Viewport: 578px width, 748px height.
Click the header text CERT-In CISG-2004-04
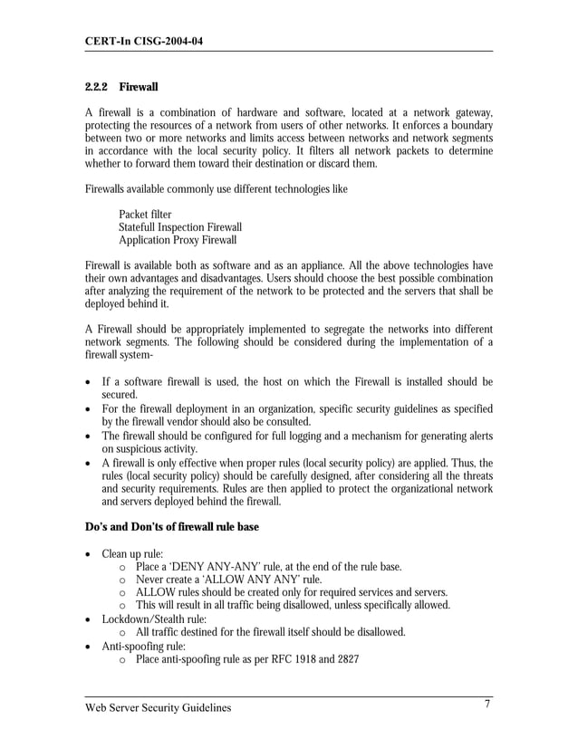click(144, 40)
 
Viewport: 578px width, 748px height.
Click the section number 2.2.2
click(95, 87)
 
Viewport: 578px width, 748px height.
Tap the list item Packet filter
click(145, 215)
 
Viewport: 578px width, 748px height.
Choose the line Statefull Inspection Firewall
click(180, 227)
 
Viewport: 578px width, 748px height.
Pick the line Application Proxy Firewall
click(178, 240)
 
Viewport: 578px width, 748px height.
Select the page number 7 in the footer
click(486, 705)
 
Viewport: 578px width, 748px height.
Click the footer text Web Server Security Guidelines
click(158, 707)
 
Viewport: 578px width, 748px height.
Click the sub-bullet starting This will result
click(292, 605)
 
